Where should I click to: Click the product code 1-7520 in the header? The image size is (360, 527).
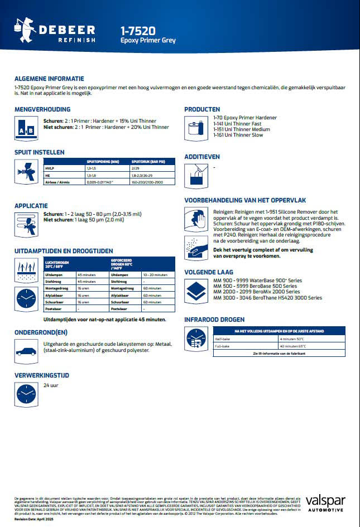[138, 31]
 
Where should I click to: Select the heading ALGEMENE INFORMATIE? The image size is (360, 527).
[49, 79]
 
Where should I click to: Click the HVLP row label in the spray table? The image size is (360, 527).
[49, 167]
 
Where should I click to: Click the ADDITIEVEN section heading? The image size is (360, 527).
[202, 157]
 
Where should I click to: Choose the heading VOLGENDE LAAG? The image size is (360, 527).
[209, 272]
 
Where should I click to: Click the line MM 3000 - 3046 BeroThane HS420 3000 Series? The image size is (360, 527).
[267, 298]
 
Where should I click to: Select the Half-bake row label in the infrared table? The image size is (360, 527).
[223, 339]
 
